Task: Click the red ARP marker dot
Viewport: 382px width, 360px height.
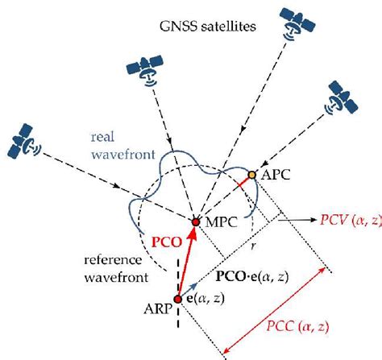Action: (177, 300)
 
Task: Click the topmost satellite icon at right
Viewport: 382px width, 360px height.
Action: (293, 23)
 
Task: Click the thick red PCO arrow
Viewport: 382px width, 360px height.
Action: (186, 261)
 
